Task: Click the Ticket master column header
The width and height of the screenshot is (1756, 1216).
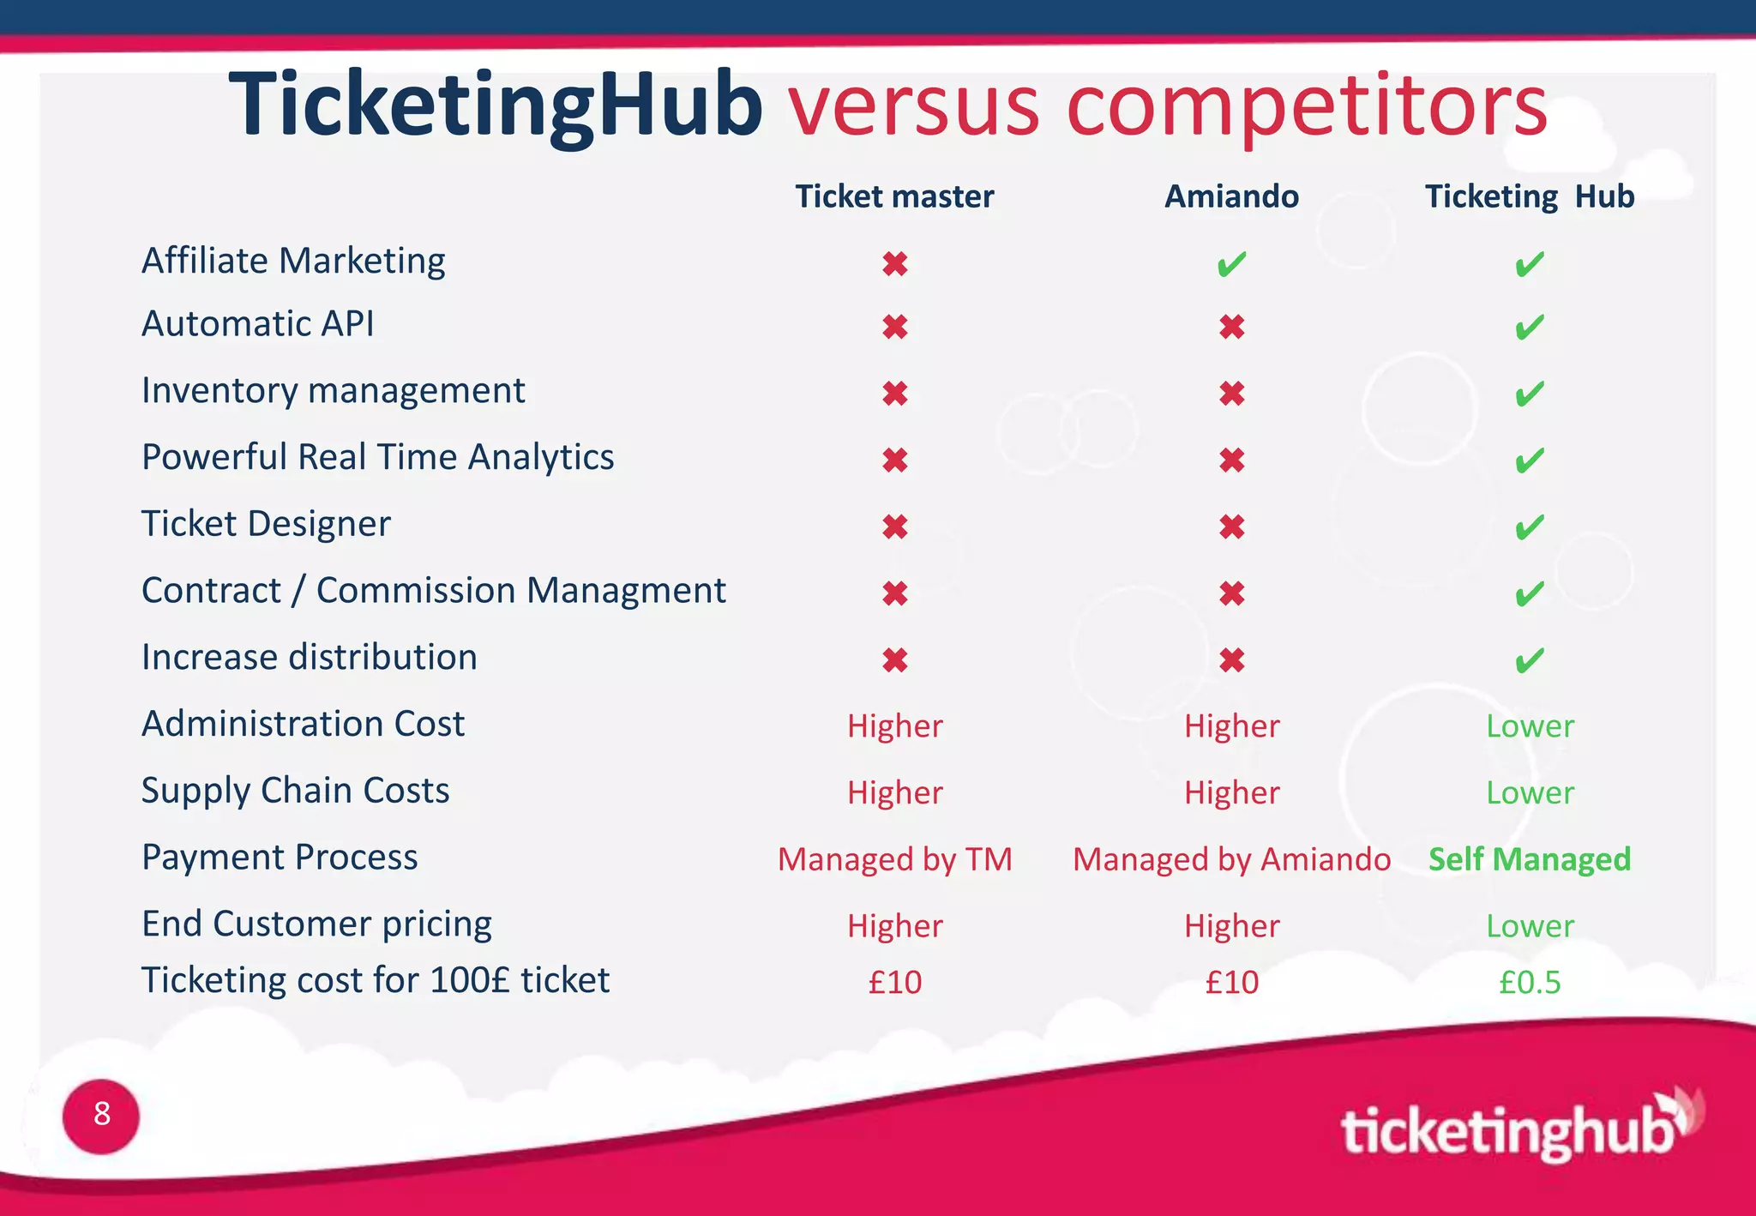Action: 894,196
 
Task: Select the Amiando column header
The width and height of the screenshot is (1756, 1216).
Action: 1231,196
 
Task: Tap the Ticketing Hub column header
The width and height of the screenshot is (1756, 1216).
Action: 1530,196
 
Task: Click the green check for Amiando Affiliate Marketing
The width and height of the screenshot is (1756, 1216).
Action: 1231,264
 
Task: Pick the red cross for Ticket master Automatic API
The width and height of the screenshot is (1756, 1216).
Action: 895,327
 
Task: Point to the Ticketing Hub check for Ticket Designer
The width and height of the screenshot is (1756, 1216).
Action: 1530,527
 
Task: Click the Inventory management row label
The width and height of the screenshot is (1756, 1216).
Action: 333,391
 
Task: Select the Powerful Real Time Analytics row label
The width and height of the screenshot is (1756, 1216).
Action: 377,457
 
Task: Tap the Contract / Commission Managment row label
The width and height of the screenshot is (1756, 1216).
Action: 433,591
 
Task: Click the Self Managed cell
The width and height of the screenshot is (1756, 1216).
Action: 1530,859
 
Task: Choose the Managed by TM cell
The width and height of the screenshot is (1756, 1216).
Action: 895,859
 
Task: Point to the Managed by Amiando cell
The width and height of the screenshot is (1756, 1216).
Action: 1231,859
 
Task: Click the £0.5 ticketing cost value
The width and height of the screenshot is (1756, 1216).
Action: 1530,982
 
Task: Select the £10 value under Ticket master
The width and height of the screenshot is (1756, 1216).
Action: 895,982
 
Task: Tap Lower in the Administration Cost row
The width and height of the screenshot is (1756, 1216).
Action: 1530,726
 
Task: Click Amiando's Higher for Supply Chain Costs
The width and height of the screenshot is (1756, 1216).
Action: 1231,793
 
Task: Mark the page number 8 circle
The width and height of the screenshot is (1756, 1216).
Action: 101,1116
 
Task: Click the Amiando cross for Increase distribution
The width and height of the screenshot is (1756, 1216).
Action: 1231,660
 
